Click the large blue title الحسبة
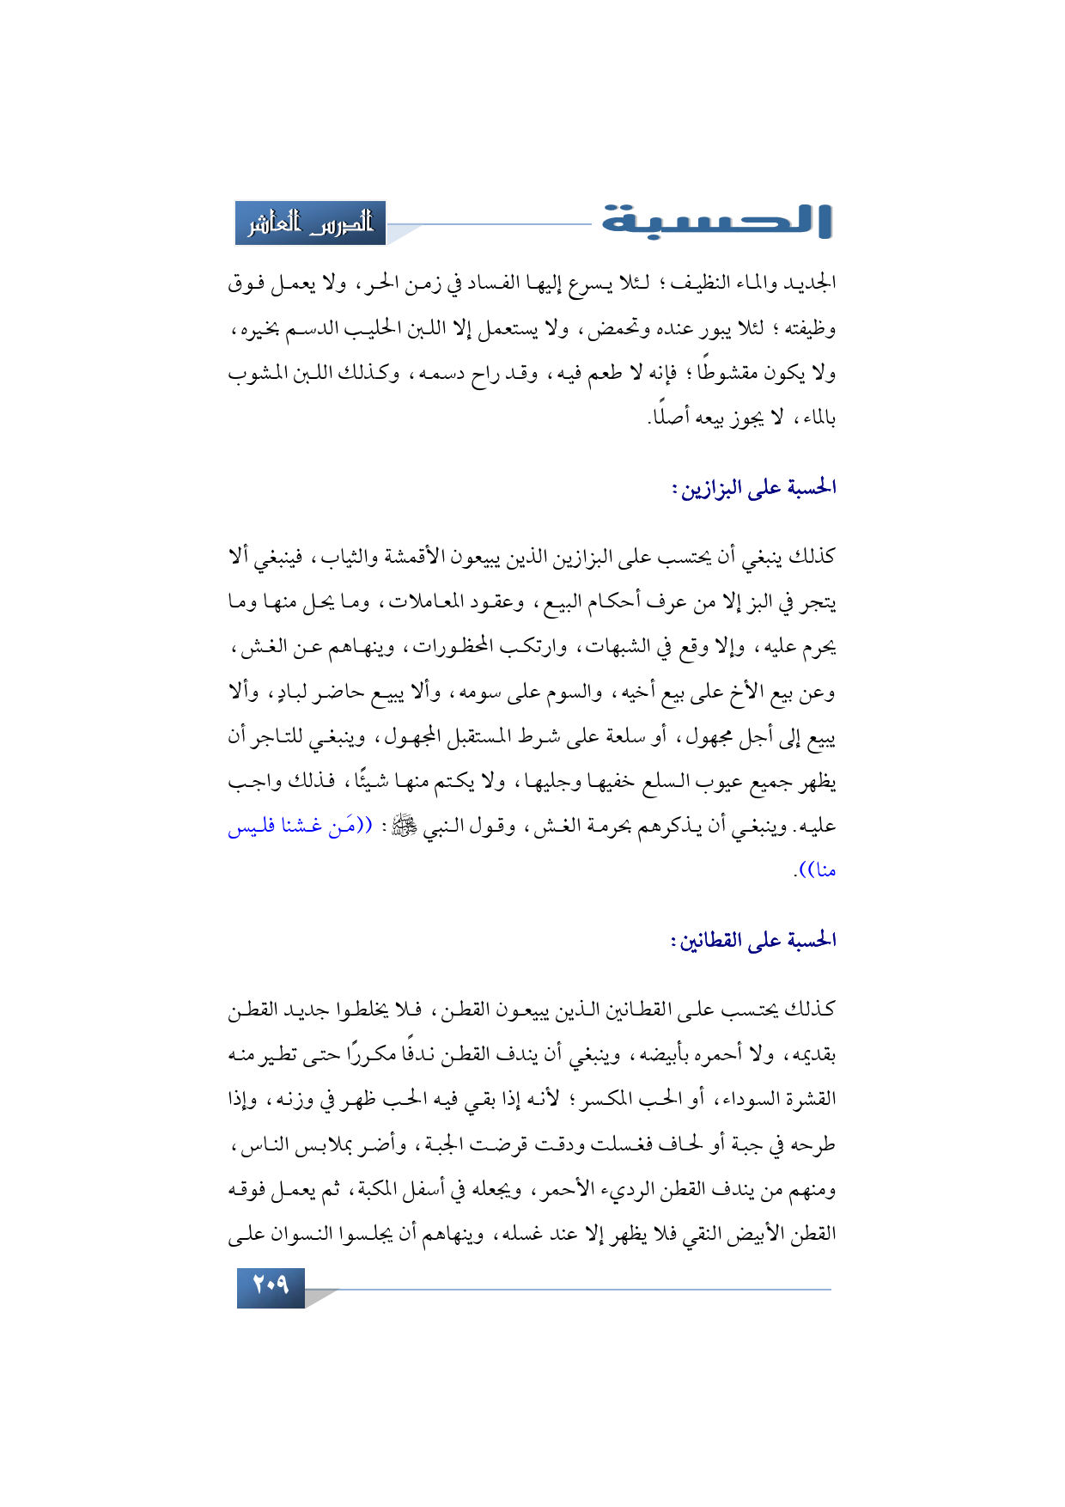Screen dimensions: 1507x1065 717,221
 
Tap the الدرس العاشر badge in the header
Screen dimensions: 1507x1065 311,223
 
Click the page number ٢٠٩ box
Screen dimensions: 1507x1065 271,1285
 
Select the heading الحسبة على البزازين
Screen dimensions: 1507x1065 753,489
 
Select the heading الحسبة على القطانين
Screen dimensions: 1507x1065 753,941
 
